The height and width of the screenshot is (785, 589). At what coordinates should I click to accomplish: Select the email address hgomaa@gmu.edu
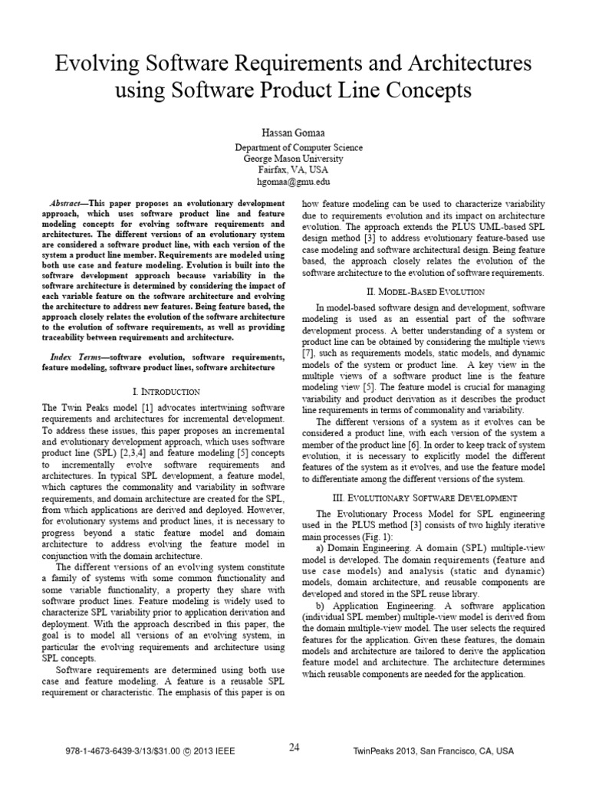point(294,182)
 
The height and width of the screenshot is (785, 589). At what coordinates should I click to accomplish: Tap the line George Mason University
point(294,159)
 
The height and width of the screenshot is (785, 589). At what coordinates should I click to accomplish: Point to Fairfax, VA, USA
point(294,171)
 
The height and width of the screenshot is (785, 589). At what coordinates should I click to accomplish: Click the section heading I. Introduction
point(166,392)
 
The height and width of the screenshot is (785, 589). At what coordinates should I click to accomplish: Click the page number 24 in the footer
point(294,748)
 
